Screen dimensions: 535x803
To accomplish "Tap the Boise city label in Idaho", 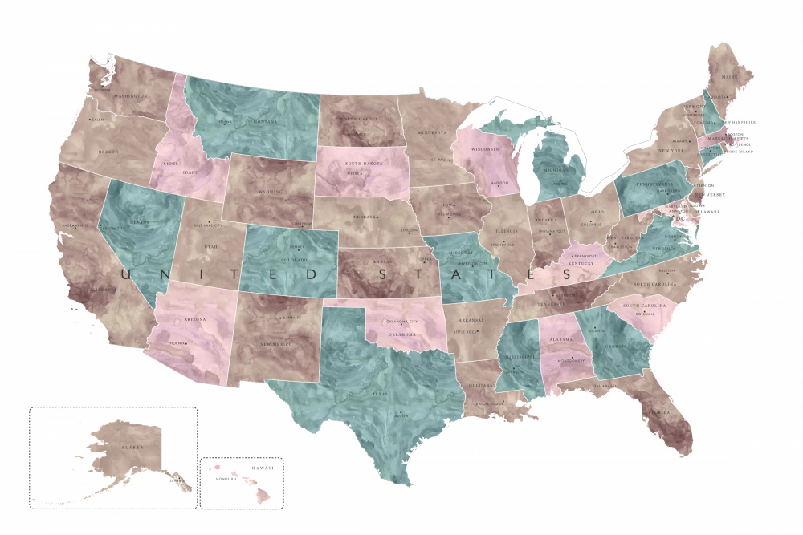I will pyautogui.click(x=171, y=164).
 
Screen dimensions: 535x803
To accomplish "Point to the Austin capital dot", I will pyautogui.click(x=398, y=413).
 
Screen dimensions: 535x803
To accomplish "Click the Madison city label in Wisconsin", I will pyautogui.click(x=499, y=183).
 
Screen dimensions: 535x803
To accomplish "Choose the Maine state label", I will pyautogui.click(x=729, y=77).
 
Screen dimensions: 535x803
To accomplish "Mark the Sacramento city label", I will pyautogui.click(x=71, y=225).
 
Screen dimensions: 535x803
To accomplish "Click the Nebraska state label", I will pyautogui.click(x=367, y=217).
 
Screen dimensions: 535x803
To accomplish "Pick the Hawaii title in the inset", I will pyautogui.click(x=262, y=468).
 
